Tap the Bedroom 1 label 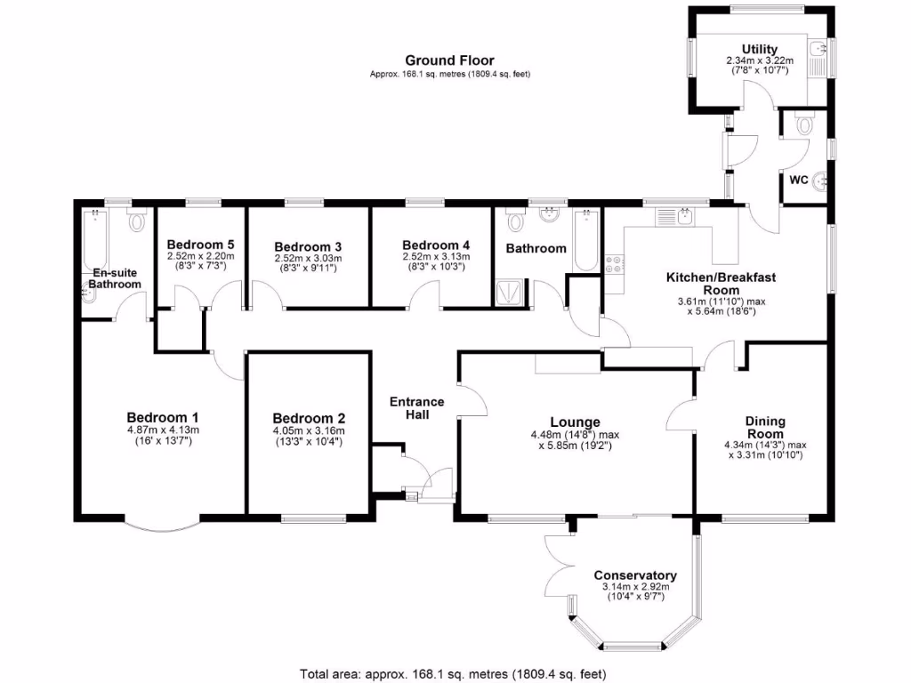pos(162,418)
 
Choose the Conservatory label pos(634,575)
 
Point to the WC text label pos(798,180)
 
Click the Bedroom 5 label pos(200,245)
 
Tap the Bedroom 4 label pos(435,245)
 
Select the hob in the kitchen pos(614,264)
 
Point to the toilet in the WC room pos(805,126)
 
